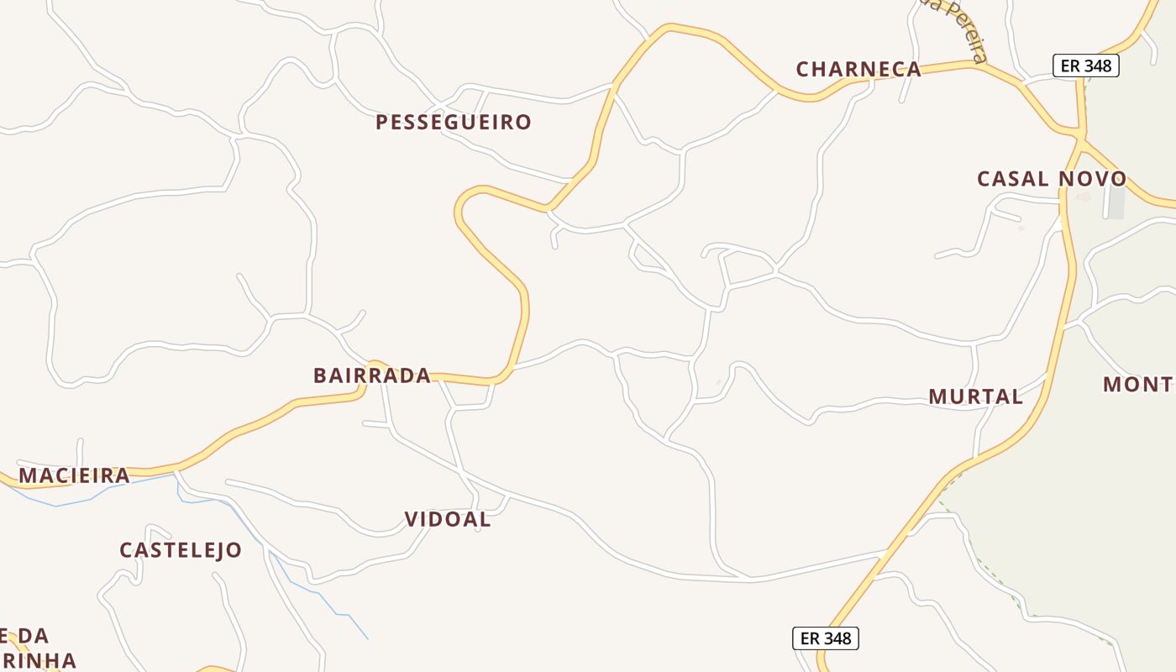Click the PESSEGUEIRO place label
pos(454,123)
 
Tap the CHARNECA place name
pos(858,70)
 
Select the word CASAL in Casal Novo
pos(1013,179)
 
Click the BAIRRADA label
pos(372,375)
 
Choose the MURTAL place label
pos(975,396)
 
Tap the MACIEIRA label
pos(74,476)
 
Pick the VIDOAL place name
pos(448,520)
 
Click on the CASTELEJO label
pos(181,551)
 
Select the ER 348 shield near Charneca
pos(1086,66)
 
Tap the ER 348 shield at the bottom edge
pos(826,638)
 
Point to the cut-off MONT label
pos(1138,385)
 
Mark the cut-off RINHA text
pos(39,660)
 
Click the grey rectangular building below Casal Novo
pos(1116,202)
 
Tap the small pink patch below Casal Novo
pos(1083,197)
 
